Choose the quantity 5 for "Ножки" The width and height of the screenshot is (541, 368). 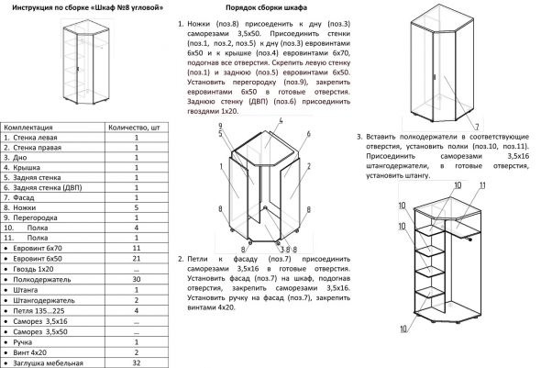pyautogui.click(x=136, y=208)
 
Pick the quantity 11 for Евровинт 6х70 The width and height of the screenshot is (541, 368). pyautogui.click(x=136, y=249)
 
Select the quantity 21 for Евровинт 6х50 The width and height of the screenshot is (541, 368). pyautogui.click(x=136, y=259)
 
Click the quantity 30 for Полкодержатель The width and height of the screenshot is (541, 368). pyautogui.click(x=136, y=279)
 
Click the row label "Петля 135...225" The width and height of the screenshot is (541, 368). pyautogui.click(x=42, y=309)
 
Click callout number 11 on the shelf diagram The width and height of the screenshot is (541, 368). pyautogui.click(x=482, y=185)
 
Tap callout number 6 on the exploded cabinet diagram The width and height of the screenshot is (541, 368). pyautogui.click(x=309, y=134)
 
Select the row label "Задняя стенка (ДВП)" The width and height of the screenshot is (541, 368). pyautogui.click(x=48, y=188)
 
